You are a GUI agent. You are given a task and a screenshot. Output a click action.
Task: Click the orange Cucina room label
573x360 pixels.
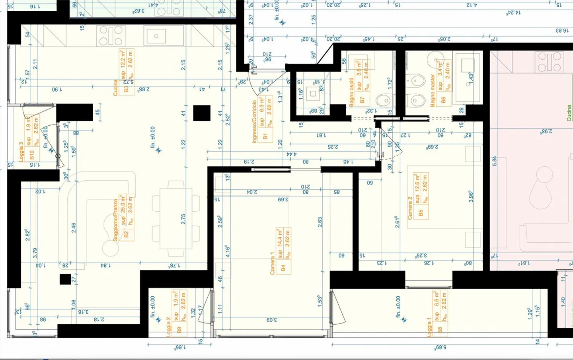[115, 88]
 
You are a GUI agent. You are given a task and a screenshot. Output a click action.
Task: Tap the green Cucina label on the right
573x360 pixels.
[569, 113]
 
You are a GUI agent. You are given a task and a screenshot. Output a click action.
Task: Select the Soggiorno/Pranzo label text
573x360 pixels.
[116, 220]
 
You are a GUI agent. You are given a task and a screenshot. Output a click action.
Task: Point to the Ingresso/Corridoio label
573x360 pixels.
[254, 122]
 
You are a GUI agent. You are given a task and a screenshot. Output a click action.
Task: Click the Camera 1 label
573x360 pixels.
[273, 263]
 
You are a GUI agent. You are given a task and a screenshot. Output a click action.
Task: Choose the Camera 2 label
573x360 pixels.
[410, 208]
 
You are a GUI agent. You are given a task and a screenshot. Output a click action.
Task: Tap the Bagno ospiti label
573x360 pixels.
[351, 92]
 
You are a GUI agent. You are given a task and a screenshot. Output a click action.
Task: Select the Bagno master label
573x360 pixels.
[433, 90]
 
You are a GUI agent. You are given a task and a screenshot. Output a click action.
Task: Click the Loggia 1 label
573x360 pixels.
[429, 327]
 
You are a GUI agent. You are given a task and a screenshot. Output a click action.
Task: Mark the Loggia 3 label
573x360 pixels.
[21, 151]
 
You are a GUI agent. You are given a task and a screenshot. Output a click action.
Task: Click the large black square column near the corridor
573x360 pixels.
[202, 113]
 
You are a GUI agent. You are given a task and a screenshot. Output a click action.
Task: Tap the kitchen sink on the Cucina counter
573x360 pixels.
[156, 36]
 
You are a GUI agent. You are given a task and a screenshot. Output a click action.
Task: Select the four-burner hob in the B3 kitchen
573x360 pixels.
[111, 36]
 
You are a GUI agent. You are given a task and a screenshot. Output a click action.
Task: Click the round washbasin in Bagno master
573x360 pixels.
[435, 61]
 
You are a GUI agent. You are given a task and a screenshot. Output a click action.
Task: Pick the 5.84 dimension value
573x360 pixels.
[494, 161]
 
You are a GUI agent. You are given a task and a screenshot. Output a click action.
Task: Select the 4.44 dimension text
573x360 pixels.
[292, 154]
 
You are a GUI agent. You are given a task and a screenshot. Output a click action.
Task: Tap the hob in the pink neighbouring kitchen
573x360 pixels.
[549, 62]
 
